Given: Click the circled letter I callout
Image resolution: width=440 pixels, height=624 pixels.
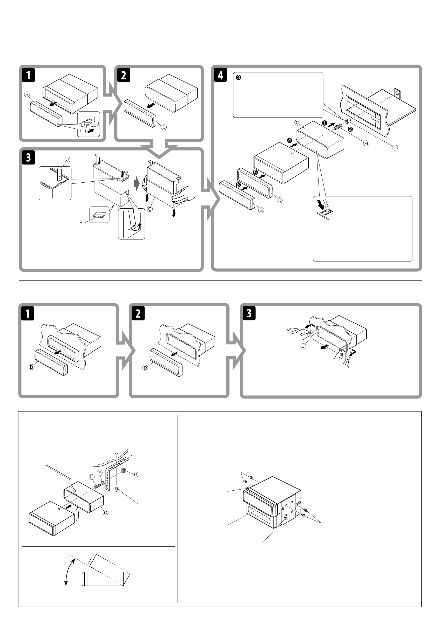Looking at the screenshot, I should (x=394, y=148).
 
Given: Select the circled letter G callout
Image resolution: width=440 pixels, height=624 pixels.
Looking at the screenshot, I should (x=136, y=475).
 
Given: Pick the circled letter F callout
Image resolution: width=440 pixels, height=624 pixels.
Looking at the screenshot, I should (x=100, y=473).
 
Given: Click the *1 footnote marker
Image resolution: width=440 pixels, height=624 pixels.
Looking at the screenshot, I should (x=82, y=223).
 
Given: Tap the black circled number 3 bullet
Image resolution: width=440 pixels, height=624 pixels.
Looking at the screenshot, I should (x=238, y=78).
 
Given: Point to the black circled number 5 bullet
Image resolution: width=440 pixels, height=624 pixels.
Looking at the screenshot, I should (x=255, y=172).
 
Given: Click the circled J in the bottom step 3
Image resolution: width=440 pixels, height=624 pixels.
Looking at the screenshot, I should (x=303, y=346).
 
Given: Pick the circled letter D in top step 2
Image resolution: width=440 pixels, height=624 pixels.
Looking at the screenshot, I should (x=164, y=127).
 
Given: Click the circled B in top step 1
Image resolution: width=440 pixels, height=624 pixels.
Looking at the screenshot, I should (x=27, y=94).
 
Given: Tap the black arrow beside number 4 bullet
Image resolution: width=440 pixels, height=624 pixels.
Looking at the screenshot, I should (x=293, y=145).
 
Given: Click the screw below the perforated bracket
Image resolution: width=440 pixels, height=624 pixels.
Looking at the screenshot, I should (x=117, y=488).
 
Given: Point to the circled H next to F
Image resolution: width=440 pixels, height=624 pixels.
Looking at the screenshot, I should (x=92, y=477).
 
